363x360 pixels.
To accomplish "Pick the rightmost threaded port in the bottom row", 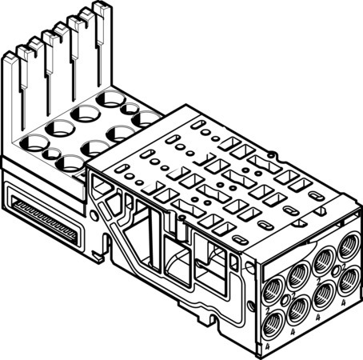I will point(348,282).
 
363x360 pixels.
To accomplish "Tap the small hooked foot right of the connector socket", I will point(98,254).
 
